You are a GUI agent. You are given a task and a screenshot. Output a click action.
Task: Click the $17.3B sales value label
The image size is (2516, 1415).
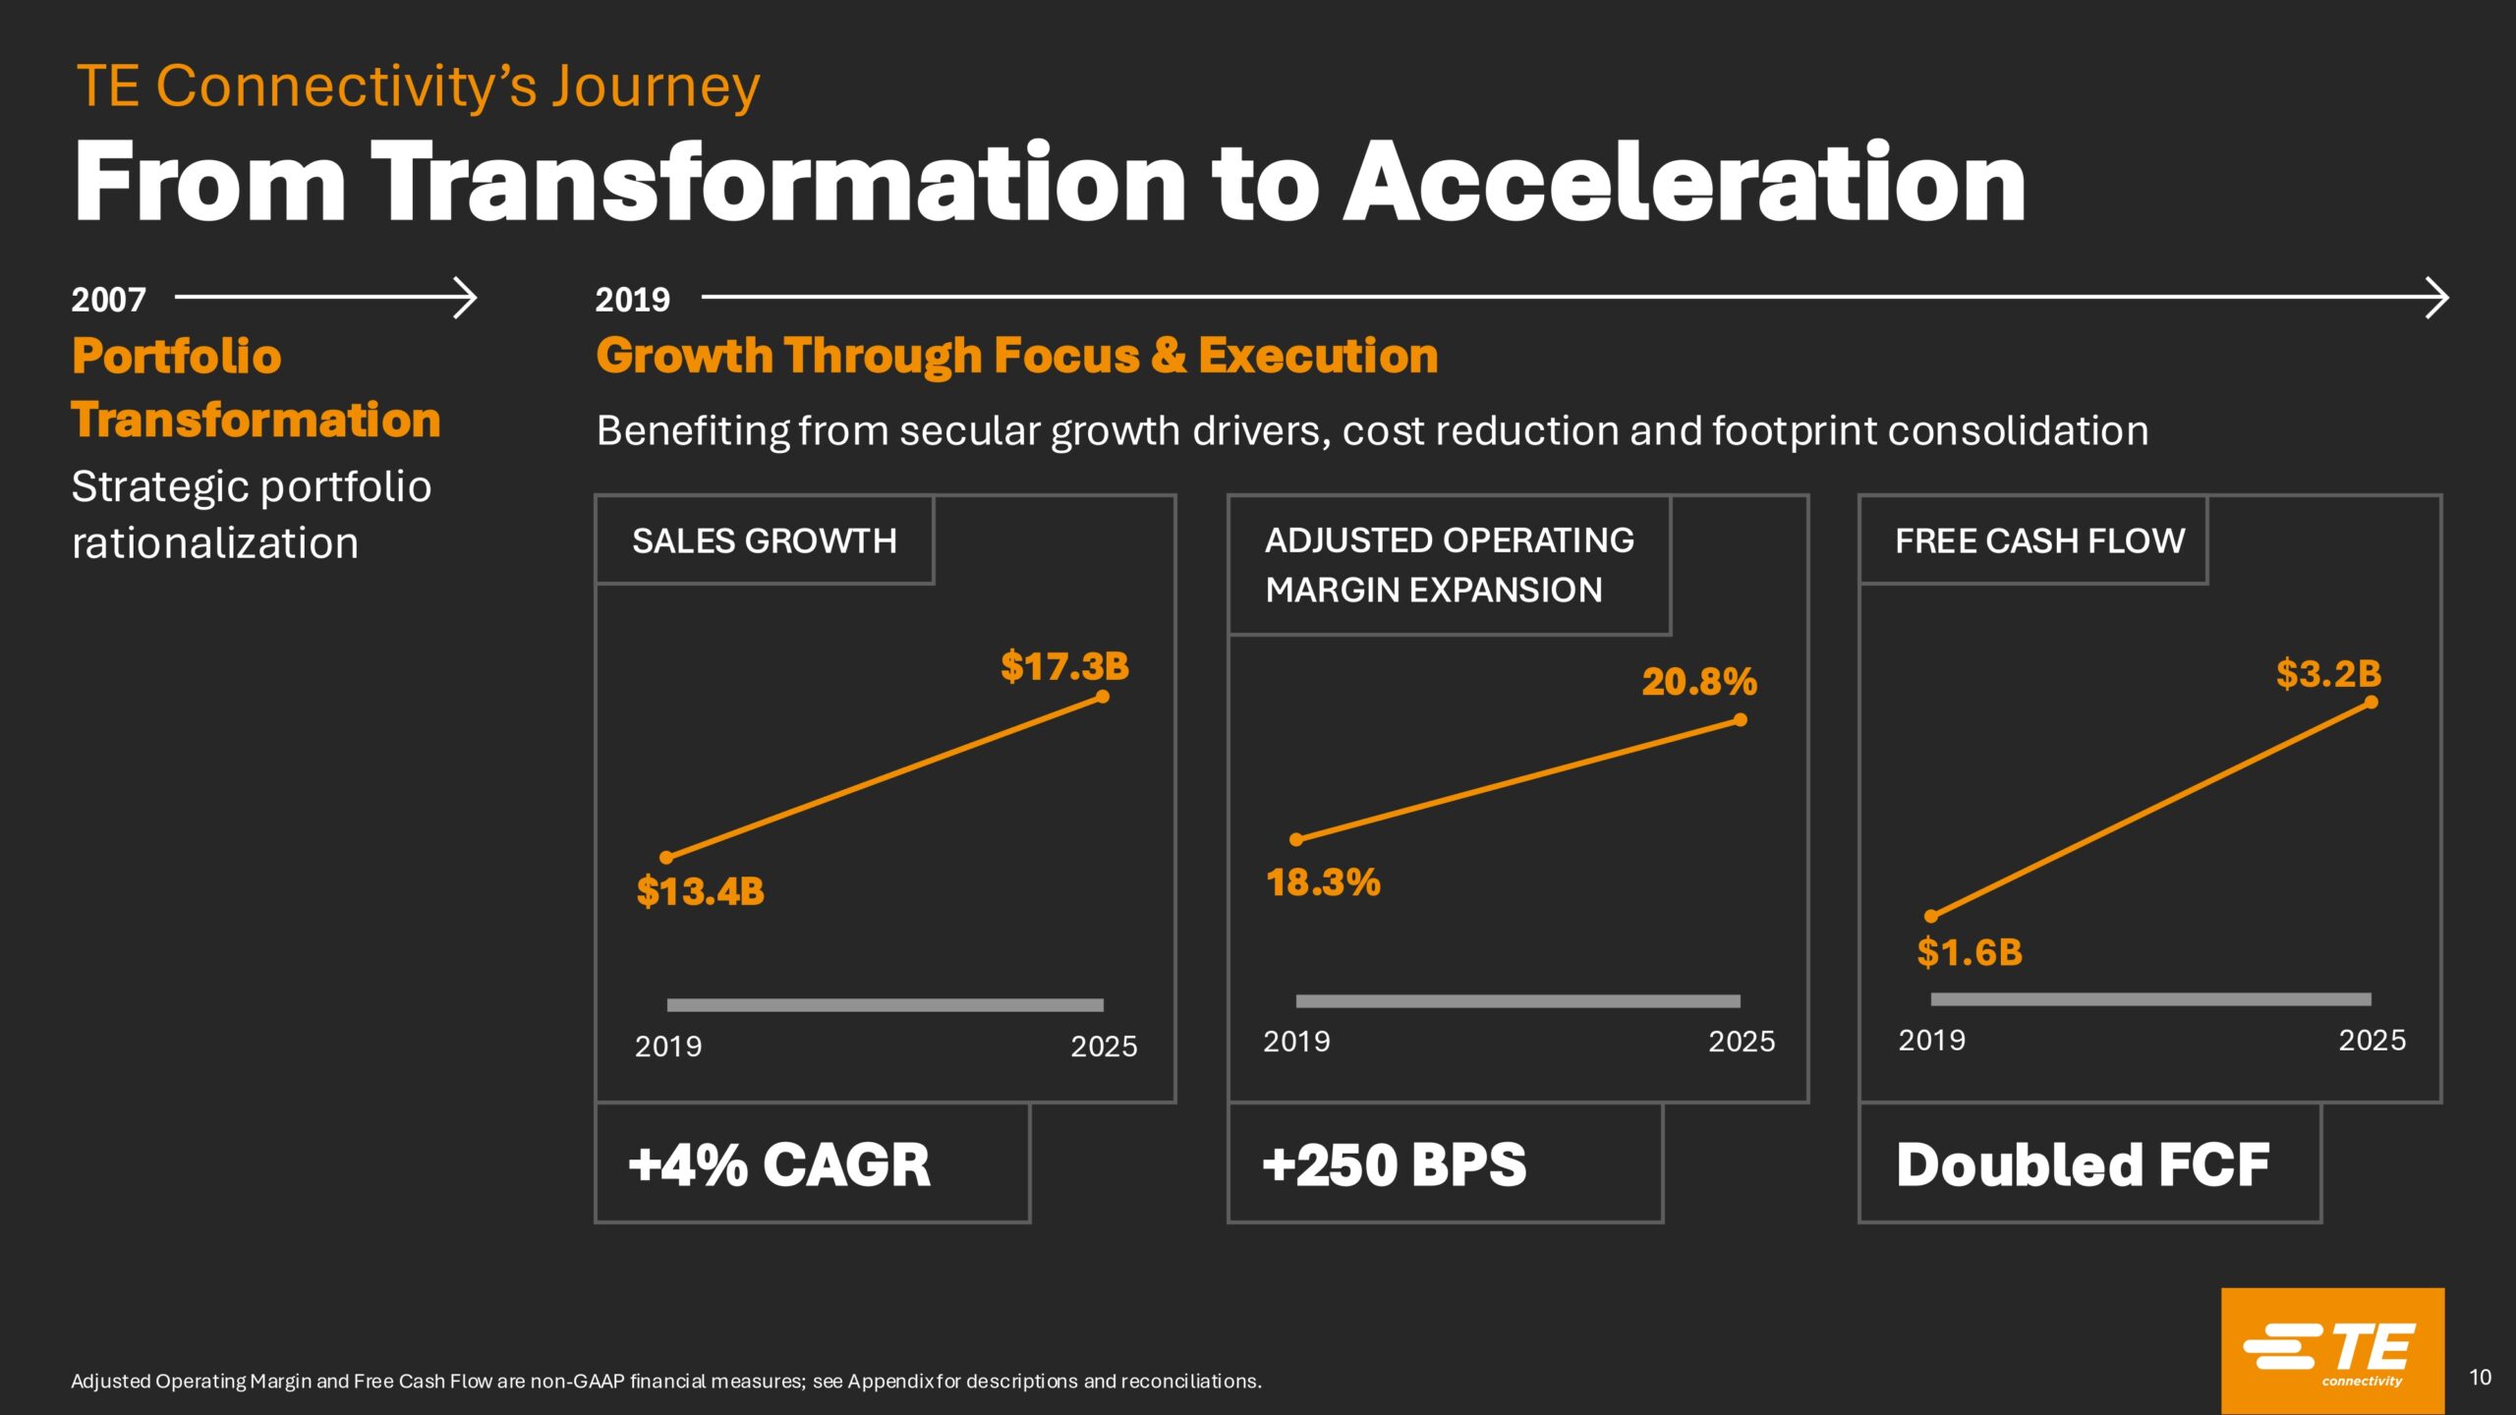[1064, 666]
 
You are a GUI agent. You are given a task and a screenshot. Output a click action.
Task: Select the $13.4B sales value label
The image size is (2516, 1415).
[700, 891]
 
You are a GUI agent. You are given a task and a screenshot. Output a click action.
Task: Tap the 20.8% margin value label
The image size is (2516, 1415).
[1698, 681]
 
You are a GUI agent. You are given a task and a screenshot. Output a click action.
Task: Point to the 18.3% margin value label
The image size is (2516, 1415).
[1323, 882]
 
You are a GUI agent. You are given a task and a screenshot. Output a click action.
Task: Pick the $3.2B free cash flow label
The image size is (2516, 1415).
[2328, 674]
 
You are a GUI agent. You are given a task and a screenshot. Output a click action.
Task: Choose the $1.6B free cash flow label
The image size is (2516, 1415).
[1970, 952]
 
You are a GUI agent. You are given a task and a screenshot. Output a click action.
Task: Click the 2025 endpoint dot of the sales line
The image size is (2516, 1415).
[1103, 697]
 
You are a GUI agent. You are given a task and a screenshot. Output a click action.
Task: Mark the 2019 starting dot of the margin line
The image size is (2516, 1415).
[1296, 839]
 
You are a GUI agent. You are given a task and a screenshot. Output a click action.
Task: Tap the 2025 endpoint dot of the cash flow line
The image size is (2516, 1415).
[2372, 703]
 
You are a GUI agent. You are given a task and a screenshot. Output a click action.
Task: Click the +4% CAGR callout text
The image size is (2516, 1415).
[779, 1164]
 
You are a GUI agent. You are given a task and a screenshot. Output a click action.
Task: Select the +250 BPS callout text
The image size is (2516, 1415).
[1394, 1164]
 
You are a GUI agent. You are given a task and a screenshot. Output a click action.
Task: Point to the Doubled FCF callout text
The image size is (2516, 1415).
[2083, 1164]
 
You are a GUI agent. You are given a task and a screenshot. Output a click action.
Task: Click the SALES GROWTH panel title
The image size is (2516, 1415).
[764, 540]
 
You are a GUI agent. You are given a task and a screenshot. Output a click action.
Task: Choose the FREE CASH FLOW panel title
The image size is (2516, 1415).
[2039, 540]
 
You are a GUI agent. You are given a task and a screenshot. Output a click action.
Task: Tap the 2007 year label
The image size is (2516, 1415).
[108, 300]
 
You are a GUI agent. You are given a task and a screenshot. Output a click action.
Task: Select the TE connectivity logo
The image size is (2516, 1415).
[2332, 1350]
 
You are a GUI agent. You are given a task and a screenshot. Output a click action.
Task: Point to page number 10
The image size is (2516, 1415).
[2480, 1378]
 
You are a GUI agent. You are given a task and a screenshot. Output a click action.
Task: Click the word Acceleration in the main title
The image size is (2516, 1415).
[1685, 183]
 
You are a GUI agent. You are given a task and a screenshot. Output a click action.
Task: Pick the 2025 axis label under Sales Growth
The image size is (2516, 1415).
[1104, 1047]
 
